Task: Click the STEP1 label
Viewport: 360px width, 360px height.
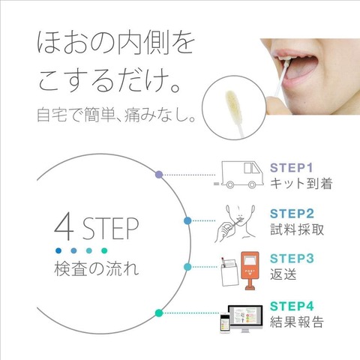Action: (x=291, y=168)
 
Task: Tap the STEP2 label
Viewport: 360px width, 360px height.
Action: (x=292, y=214)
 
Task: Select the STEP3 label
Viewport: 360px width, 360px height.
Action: (x=292, y=259)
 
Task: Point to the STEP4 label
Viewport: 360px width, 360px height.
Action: (x=292, y=306)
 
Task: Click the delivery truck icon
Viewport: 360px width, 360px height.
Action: (x=238, y=175)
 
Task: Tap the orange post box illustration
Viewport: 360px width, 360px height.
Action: (x=250, y=271)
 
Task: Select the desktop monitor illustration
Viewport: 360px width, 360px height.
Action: (x=245, y=319)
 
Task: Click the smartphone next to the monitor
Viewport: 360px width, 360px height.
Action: (x=224, y=322)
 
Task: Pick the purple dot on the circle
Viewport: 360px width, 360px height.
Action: (x=159, y=175)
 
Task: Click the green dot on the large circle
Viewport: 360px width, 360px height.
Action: (x=159, y=313)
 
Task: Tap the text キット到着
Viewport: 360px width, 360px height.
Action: (x=301, y=183)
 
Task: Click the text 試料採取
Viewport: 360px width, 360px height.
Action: (x=297, y=229)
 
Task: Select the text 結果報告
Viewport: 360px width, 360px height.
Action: (x=297, y=322)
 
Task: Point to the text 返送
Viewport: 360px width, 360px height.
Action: (x=283, y=274)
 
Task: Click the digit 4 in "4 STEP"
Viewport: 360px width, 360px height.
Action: (x=64, y=226)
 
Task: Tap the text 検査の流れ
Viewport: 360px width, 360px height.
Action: (x=96, y=268)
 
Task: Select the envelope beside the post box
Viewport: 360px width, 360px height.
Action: (x=229, y=272)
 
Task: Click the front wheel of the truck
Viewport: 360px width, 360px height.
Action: (x=252, y=184)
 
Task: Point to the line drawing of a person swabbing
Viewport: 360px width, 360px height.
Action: (x=235, y=223)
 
